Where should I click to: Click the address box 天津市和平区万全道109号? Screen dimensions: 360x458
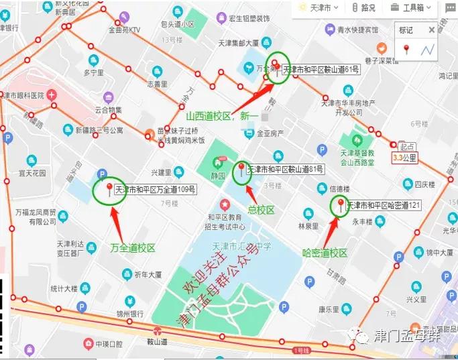point(155,190)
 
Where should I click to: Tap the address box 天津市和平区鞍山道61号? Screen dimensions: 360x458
point(321,69)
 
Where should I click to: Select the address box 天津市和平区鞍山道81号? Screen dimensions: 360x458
point(286,169)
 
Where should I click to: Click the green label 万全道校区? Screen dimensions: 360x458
point(133,248)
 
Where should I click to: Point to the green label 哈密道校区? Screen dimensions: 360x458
point(325,253)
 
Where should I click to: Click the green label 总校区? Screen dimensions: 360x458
point(261,210)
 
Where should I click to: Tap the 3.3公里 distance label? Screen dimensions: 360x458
point(405,159)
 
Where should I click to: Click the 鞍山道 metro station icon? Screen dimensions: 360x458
point(157,331)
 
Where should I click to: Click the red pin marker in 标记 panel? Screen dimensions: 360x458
point(406,49)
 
